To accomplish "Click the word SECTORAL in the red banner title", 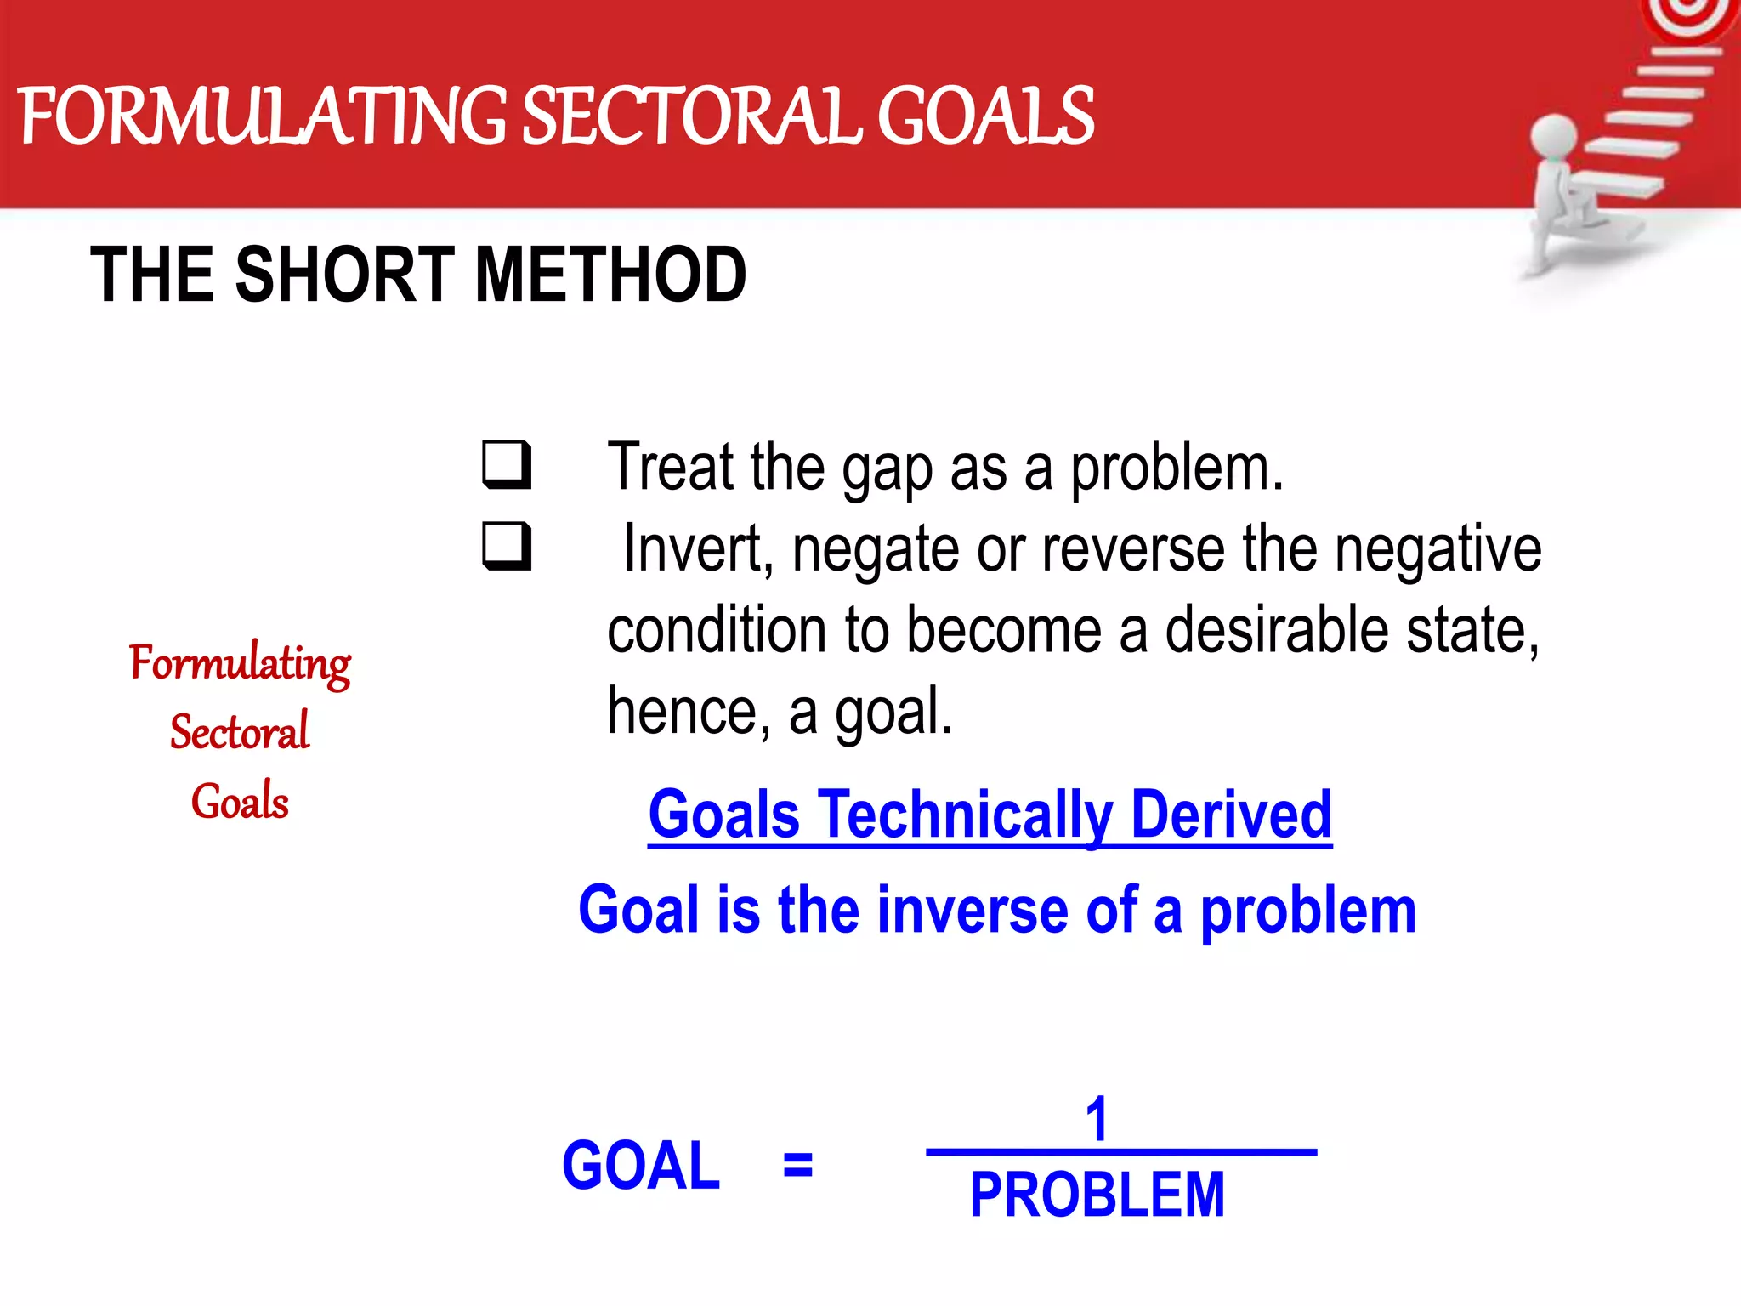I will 693,116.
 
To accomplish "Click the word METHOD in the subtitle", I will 610,275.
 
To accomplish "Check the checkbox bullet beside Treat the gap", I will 507,464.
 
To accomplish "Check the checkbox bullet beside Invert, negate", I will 507,546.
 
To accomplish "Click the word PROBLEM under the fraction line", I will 1097,1195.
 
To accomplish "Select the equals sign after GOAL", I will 797,1165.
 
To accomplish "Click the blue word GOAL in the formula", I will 641,1166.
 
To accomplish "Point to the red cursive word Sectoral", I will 240,732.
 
